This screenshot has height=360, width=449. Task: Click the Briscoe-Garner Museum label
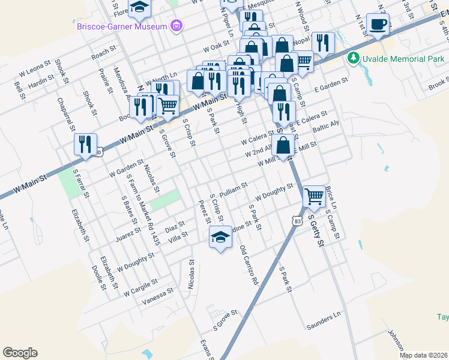pyautogui.click(x=121, y=26)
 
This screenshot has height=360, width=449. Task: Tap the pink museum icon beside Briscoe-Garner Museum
pyautogui.click(x=176, y=26)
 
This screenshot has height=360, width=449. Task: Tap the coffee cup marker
pyautogui.click(x=378, y=25)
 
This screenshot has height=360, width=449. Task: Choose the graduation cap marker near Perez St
pyautogui.click(x=220, y=238)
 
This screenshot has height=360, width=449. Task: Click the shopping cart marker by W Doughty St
pyautogui.click(x=314, y=196)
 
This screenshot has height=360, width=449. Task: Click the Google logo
pyautogui.click(x=20, y=353)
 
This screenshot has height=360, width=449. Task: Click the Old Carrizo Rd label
pyautogui.click(x=248, y=265)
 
